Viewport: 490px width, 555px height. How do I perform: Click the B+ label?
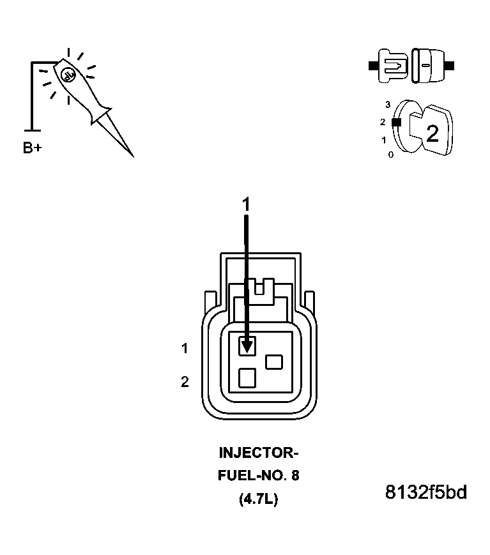(32, 148)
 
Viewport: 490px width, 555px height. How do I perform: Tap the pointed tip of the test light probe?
(133, 156)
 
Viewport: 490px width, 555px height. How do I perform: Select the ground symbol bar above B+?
(32, 130)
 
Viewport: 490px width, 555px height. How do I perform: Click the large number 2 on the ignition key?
(433, 133)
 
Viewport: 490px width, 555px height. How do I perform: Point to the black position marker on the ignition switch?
(397, 122)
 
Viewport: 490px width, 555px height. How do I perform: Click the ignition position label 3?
(388, 104)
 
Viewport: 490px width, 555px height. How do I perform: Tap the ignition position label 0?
(390, 155)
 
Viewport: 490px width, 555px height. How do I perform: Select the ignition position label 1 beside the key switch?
(384, 140)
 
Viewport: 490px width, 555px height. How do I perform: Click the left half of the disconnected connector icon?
(389, 66)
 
